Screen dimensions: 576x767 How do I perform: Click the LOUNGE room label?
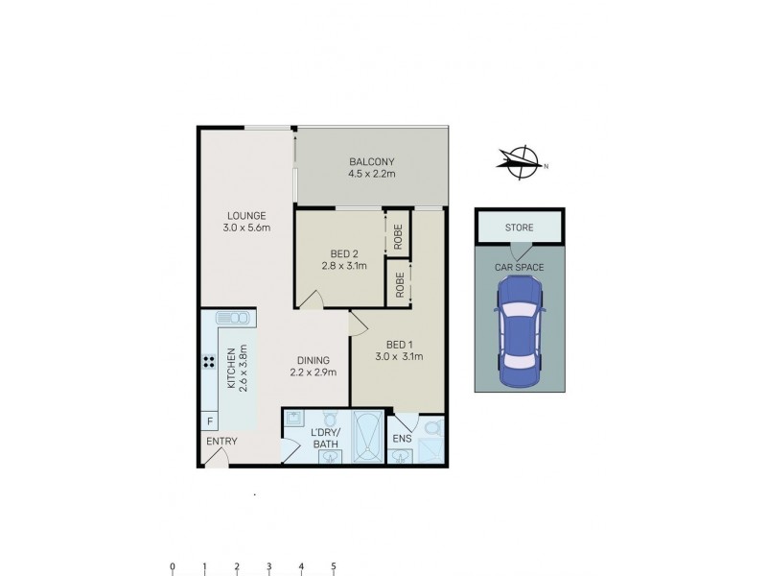[x=246, y=215]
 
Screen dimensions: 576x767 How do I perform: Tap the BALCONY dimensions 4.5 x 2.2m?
[x=372, y=175]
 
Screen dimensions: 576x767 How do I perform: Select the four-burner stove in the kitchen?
[x=208, y=363]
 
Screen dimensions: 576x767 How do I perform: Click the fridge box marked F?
[x=208, y=420]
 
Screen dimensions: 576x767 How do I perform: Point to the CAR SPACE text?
[x=519, y=268]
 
